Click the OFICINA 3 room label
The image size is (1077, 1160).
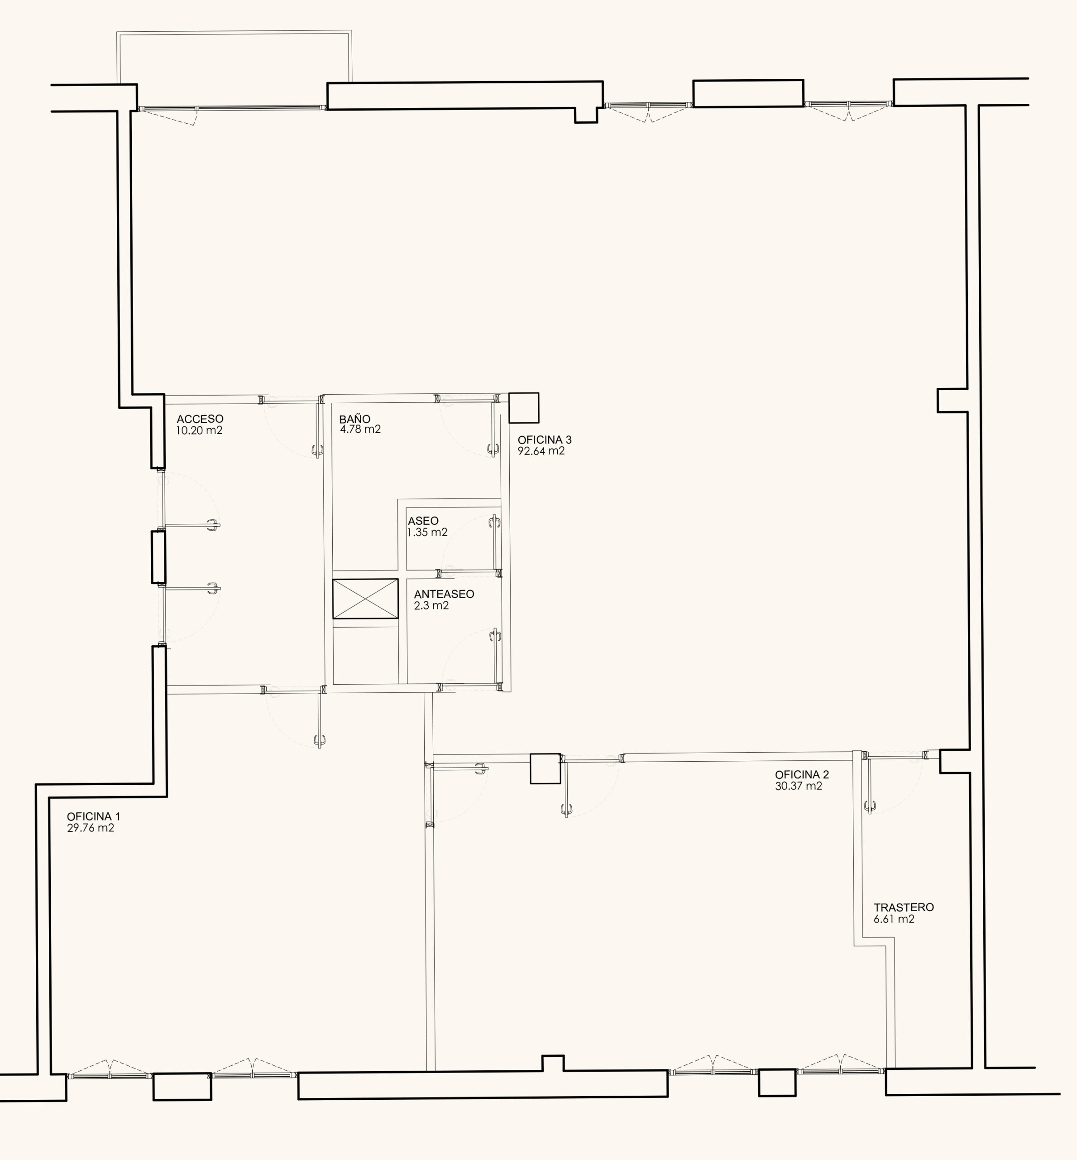tap(544, 440)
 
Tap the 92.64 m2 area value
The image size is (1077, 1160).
tap(541, 451)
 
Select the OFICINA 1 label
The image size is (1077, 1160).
tap(93, 817)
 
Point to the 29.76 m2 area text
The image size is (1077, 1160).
tap(91, 828)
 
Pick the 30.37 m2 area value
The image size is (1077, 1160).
tap(799, 786)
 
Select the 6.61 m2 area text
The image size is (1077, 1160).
tap(894, 919)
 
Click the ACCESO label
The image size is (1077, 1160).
tap(200, 419)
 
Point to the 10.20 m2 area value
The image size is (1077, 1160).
tap(199, 430)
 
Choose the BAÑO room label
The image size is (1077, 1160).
tap(354, 418)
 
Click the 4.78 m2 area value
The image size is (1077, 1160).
tap(360, 429)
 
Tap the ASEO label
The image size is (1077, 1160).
tap(423, 521)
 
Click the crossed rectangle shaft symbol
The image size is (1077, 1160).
tap(365, 599)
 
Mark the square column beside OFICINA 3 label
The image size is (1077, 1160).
tap(523, 408)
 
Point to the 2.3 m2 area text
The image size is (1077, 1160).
tap(431, 605)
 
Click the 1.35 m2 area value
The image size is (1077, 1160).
tap(427, 532)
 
